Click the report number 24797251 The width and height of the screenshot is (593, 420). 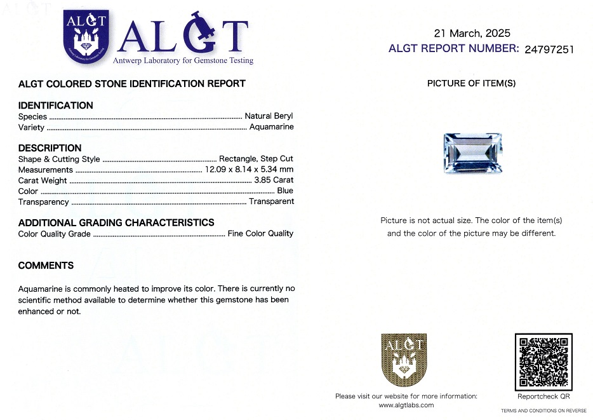click(x=549, y=49)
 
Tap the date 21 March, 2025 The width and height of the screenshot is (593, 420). click(x=472, y=34)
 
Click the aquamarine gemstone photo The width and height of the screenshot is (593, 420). click(x=470, y=152)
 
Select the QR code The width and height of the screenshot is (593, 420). click(x=543, y=362)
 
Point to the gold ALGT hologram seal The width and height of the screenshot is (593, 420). click(x=404, y=360)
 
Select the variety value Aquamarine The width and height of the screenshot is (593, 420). click(x=271, y=127)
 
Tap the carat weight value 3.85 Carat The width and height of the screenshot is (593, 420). click(x=274, y=180)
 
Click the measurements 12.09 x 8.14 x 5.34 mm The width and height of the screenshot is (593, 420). click(x=249, y=170)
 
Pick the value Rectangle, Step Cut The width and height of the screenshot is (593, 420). click(x=256, y=159)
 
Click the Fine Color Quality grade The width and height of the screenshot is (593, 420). click(x=260, y=234)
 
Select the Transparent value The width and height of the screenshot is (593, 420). click(x=271, y=201)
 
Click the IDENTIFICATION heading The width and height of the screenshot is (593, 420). click(x=56, y=105)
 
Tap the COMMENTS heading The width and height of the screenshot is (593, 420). click(x=46, y=266)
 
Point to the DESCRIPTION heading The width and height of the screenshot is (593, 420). click(x=50, y=148)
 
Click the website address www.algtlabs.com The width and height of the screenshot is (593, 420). click(x=406, y=405)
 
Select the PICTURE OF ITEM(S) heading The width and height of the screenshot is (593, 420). click(x=471, y=83)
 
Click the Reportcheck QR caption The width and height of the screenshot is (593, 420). click(x=543, y=396)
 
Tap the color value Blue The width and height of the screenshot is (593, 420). click(x=285, y=191)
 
